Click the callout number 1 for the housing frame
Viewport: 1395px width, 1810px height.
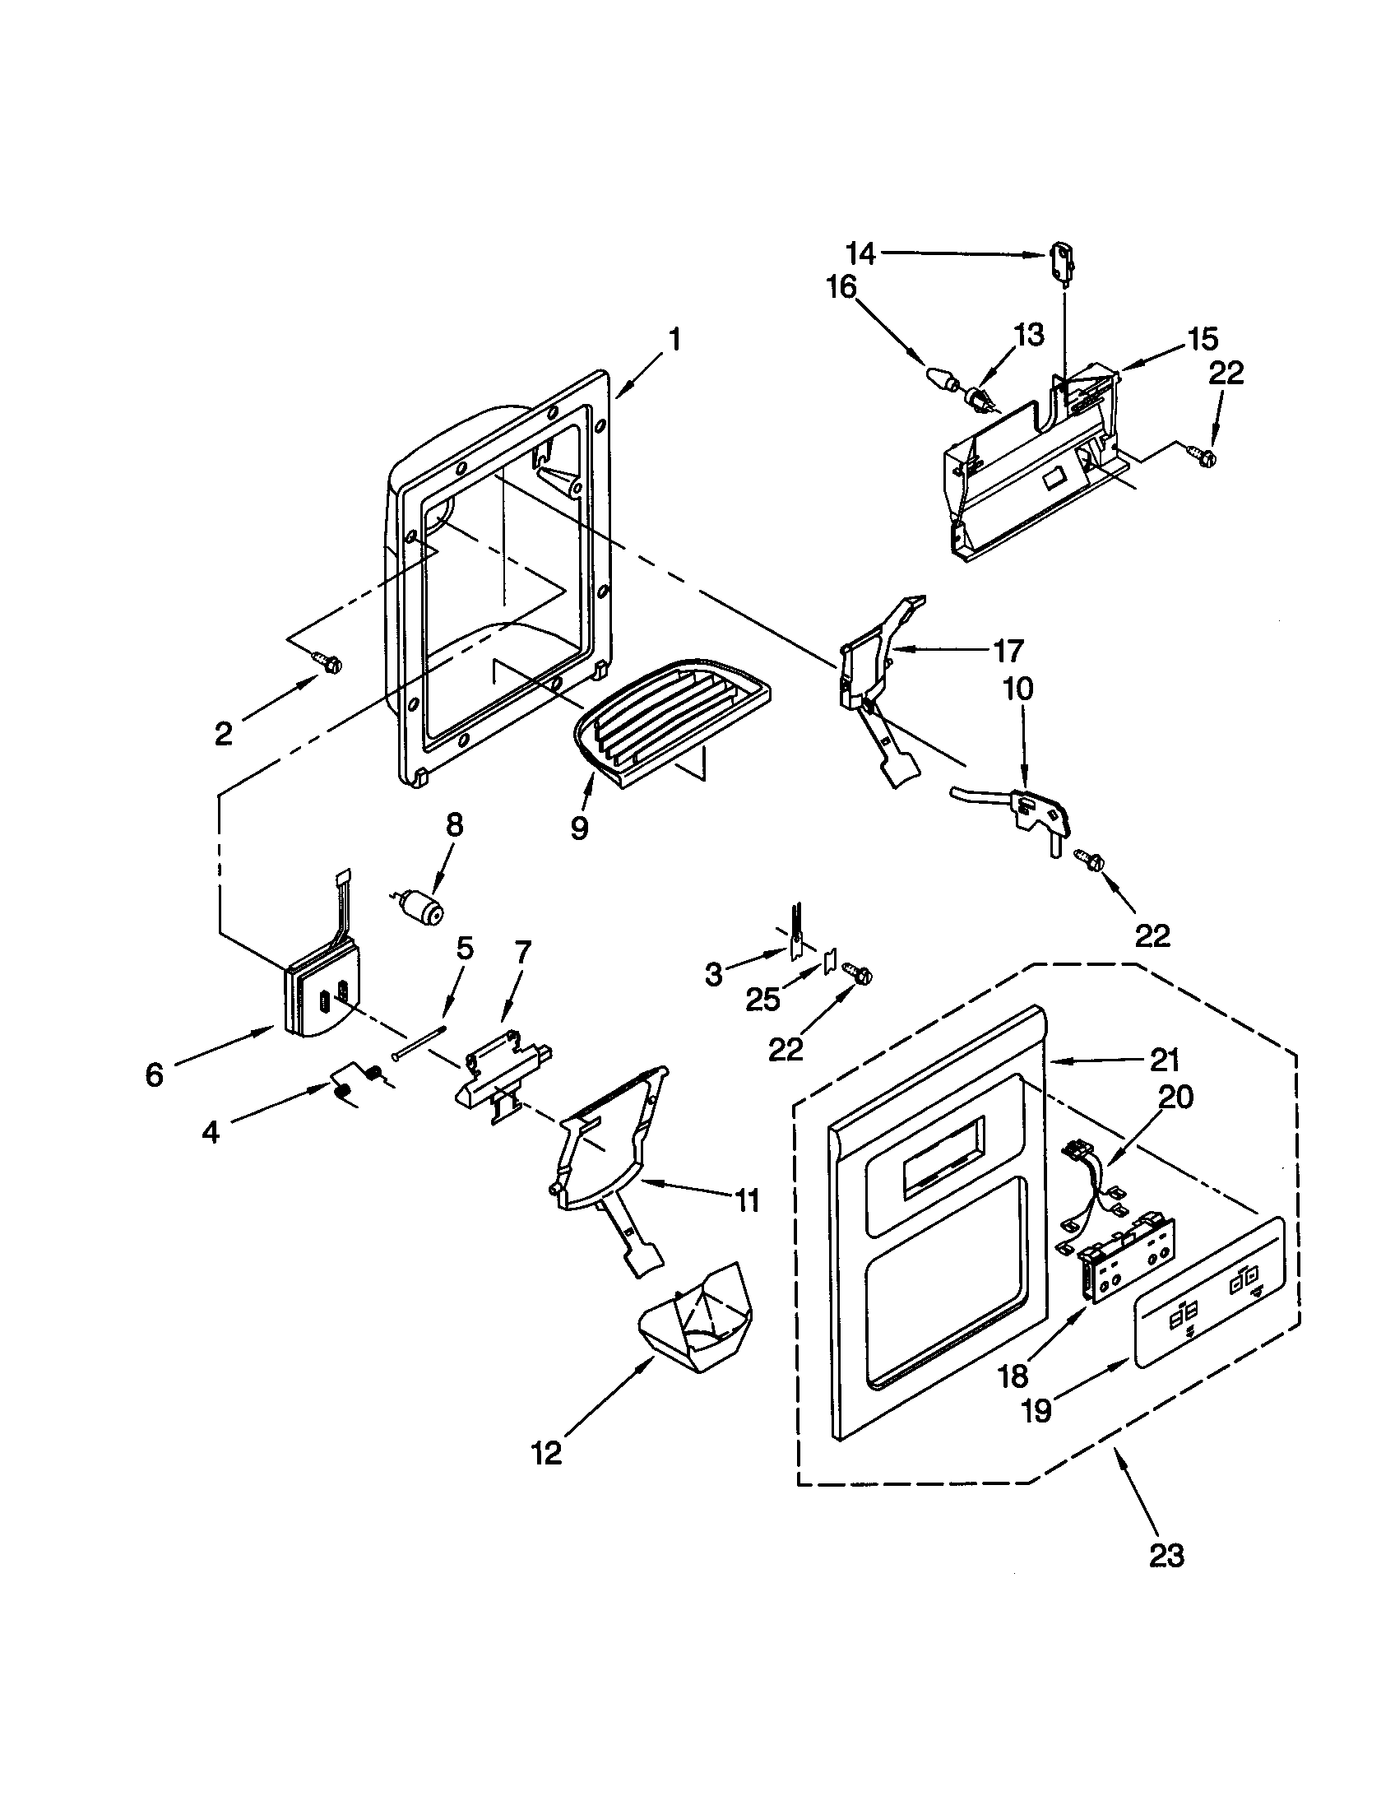pos(674,339)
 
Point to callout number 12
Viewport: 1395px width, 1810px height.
pos(548,1452)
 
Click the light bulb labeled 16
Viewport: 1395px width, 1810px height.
pos(941,382)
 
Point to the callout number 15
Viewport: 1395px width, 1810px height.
pos(1203,339)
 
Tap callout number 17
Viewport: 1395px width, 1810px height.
pos(1008,651)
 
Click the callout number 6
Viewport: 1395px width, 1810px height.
pos(155,1075)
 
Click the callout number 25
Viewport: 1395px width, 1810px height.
pos(762,1000)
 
